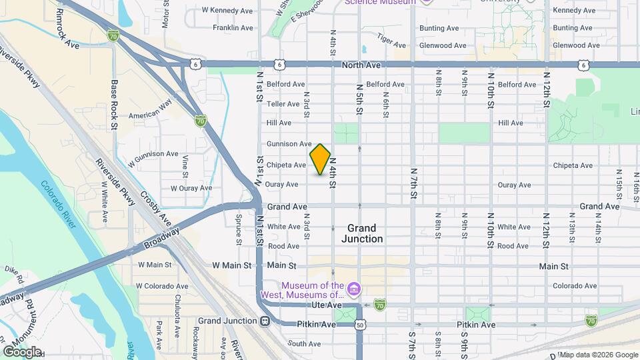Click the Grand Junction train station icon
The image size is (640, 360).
click(x=265, y=321)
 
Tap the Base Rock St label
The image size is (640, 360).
click(x=114, y=105)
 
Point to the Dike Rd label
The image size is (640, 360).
click(x=14, y=274)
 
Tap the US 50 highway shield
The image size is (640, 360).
click(x=360, y=325)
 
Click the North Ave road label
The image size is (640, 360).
click(x=361, y=65)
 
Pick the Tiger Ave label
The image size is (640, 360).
click(x=391, y=41)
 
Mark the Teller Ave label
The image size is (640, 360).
click(x=283, y=104)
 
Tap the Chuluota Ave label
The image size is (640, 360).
click(x=178, y=312)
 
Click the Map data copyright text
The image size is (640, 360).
click(x=597, y=354)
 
